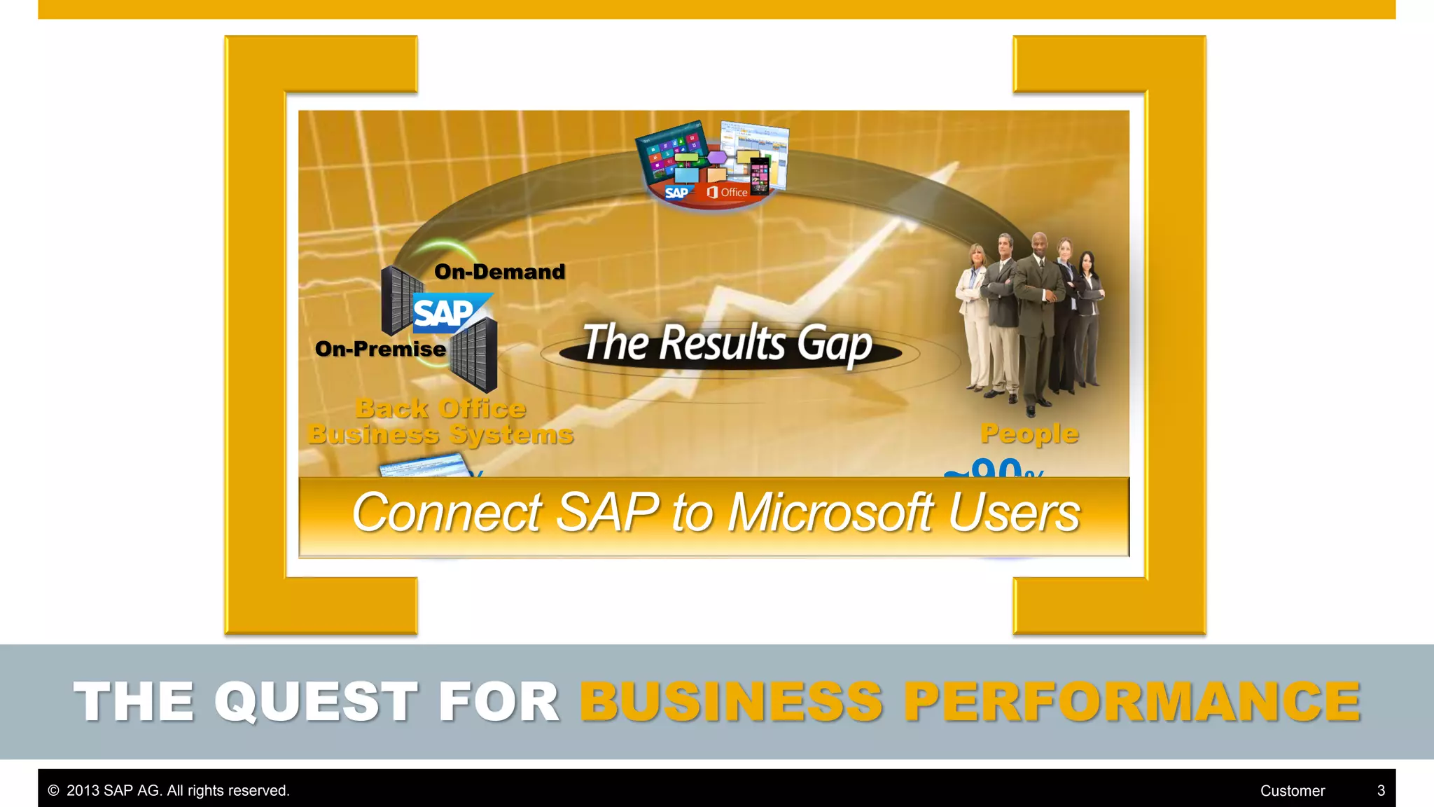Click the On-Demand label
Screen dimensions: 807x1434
pyautogui.click(x=499, y=272)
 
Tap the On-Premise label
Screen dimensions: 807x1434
pyautogui.click(x=380, y=349)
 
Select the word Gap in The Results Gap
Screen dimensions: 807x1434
pyautogui.click(x=834, y=345)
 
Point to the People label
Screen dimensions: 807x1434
pyautogui.click(x=1029, y=434)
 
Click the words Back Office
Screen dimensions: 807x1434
pyautogui.click(x=440, y=408)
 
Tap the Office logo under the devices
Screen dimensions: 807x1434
pyautogui.click(x=728, y=192)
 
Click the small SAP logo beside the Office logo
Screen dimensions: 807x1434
pyautogui.click(x=676, y=193)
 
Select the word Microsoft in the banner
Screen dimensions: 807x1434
pyautogui.click(x=829, y=513)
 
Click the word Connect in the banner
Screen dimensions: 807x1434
pyautogui.click(x=446, y=513)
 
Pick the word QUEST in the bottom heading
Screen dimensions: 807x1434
pyautogui.click(x=316, y=701)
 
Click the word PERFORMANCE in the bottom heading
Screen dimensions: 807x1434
pyautogui.click(x=1132, y=701)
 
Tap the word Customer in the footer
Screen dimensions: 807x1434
pyautogui.click(x=1292, y=791)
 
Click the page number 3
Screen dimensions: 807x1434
pyautogui.click(x=1381, y=791)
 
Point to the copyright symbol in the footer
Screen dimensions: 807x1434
pyautogui.click(x=53, y=791)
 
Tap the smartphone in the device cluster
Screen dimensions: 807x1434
pyautogui.click(x=759, y=175)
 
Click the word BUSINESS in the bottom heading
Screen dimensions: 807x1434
pyautogui.click(x=731, y=701)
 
